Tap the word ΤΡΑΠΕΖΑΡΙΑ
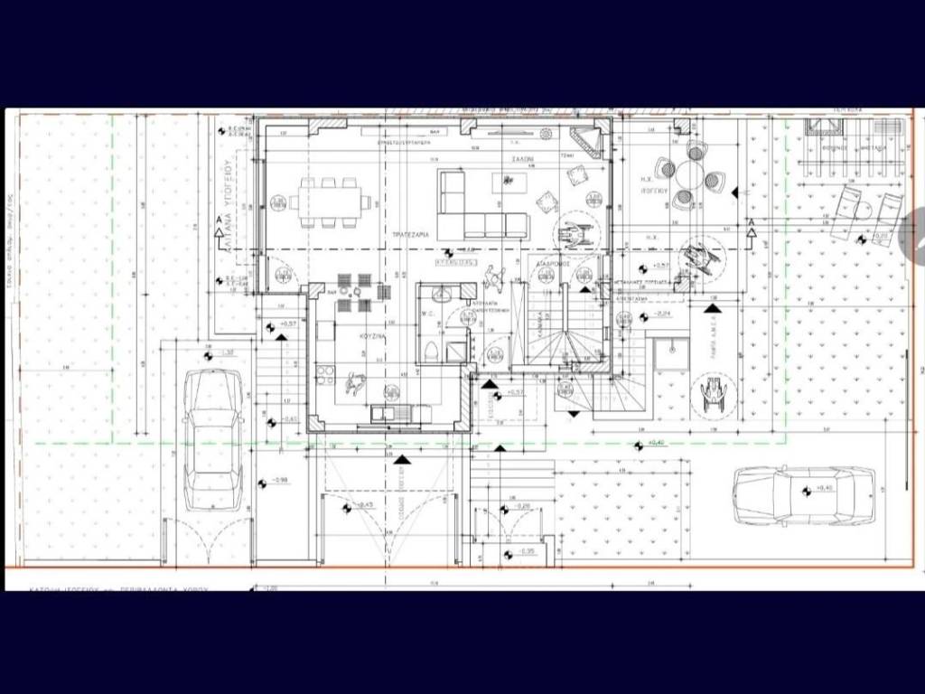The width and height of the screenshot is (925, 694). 409,233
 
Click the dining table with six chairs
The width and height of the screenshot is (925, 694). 331,202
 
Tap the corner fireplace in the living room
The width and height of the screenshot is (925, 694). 585,142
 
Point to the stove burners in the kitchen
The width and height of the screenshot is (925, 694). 322,373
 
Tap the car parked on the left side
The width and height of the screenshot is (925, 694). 214,438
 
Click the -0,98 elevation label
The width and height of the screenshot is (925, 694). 276,480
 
